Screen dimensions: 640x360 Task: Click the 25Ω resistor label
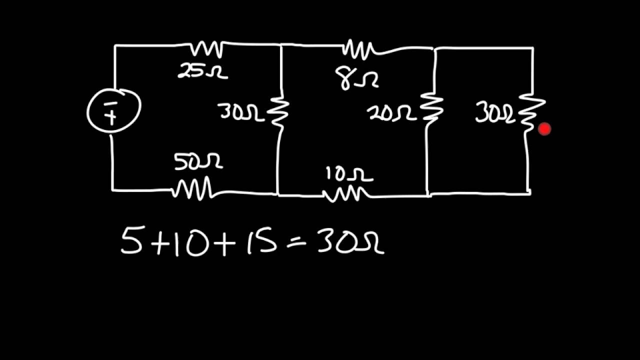click(202, 71)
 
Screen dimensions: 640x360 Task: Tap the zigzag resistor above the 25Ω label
click(206, 49)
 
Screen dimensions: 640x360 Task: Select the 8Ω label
click(357, 79)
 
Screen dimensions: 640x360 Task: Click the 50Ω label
click(198, 161)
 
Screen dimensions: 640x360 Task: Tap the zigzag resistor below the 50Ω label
click(192, 188)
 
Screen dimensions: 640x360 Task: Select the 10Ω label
click(349, 174)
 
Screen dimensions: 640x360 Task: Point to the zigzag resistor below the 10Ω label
click(346, 194)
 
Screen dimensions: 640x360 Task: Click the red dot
click(544, 129)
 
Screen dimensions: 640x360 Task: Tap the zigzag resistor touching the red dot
click(532, 112)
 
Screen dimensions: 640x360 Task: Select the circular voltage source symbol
click(113, 110)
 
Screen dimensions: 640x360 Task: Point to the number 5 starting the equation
click(131, 239)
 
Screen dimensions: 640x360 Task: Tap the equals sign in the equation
click(296, 243)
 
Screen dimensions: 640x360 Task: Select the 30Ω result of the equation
click(351, 240)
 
